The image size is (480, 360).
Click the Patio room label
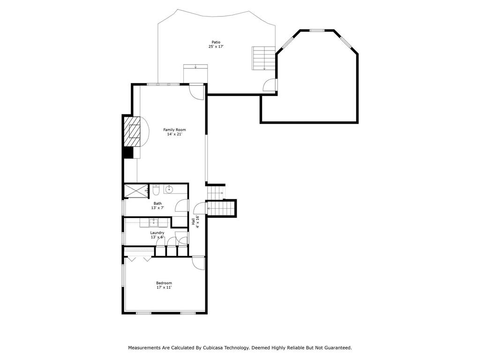tap(215, 42)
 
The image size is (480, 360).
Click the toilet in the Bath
tap(157, 189)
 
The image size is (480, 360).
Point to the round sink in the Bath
tap(169, 190)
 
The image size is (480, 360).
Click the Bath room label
tap(157, 203)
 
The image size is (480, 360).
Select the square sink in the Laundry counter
tap(153, 222)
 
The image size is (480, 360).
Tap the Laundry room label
tap(157, 233)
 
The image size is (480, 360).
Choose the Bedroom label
tap(164, 283)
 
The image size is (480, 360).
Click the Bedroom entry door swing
tap(199, 263)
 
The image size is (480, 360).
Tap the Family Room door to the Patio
tap(197, 91)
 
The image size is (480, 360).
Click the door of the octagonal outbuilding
tap(270, 85)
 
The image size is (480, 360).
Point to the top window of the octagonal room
tap(317, 30)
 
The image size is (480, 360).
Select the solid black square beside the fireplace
tap(127, 152)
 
